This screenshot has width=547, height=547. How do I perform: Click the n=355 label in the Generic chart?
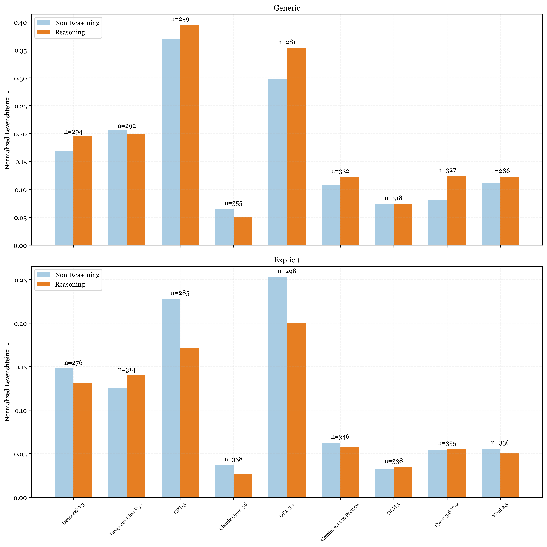(233, 203)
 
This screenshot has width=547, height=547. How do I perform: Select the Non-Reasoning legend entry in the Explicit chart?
(77, 275)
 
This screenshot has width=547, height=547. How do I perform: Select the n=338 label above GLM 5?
(393, 461)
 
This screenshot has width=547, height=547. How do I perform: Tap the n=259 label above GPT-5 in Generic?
(180, 19)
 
